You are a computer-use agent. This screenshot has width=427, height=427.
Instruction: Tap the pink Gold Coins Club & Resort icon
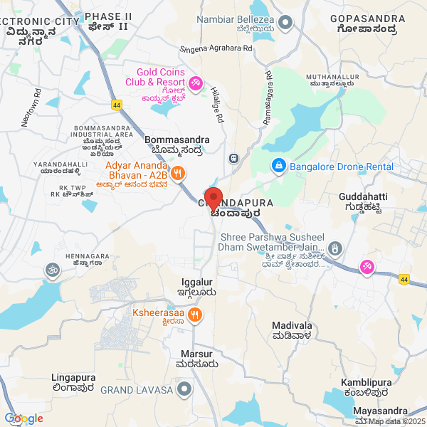[194, 84]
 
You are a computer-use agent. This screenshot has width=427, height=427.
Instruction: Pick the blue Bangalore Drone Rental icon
[278, 167]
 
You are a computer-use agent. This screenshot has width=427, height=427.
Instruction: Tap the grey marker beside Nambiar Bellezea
[285, 23]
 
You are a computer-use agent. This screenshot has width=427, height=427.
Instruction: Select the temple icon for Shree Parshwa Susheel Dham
[337, 248]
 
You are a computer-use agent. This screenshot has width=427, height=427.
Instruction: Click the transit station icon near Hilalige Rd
[233, 157]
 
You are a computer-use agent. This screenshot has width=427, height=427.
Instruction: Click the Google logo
[23, 418]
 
